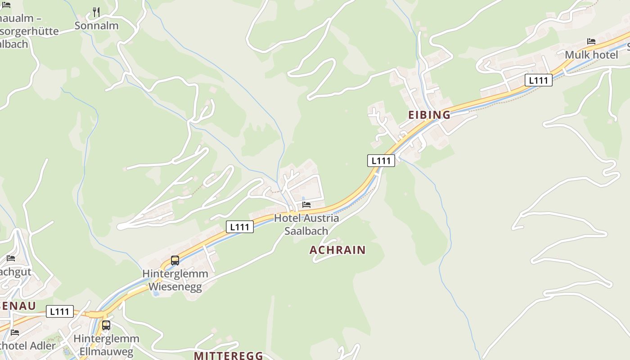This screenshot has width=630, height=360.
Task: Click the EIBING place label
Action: coord(429,115)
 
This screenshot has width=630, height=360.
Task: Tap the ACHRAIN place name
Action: coord(337,250)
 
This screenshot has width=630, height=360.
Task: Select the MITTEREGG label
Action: coord(228,355)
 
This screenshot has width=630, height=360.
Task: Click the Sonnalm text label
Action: coord(96,26)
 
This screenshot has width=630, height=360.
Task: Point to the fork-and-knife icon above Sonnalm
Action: coord(96,12)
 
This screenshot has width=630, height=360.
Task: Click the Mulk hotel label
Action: coord(591,55)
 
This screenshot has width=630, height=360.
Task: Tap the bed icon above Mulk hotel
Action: coord(591,41)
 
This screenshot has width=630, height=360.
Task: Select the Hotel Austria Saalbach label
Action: coord(306,224)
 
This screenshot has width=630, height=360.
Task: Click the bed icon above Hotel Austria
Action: coord(306,204)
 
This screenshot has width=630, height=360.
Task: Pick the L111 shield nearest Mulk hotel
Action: coord(538,81)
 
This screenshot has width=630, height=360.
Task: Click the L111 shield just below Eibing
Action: coord(381,161)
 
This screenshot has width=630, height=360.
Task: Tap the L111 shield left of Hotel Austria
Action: coord(239,227)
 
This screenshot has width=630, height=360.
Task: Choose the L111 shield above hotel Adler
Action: coord(59,311)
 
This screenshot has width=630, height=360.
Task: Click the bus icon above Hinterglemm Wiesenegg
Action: coord(175,260)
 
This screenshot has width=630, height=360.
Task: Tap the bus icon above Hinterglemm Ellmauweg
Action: coord(106,325)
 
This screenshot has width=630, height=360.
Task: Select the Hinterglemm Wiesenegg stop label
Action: coord(175,280)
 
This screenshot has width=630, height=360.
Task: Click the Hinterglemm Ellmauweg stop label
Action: coord(106,345)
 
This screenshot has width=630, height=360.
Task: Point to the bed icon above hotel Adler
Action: coord(15,333)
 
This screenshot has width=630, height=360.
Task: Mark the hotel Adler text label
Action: coord(27,346)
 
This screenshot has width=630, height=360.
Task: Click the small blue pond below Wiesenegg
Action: coord(156,293)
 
